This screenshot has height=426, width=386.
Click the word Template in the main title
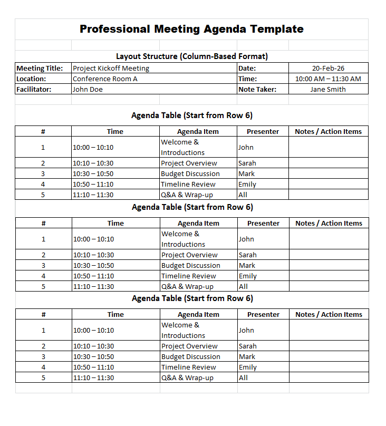[x=277, y=29]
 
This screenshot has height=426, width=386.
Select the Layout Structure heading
[x=192, y=56]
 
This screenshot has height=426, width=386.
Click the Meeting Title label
[x=40, y=68]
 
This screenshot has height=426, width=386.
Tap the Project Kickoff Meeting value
[x=111, y=68]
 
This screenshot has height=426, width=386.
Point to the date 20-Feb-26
[x=328, y=68]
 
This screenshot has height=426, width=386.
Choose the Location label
[x=31, y=79]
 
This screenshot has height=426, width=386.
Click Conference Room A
[x=105, y=79]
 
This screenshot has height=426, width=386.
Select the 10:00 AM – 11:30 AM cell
[x=328, y=79]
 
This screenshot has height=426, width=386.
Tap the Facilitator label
[x=34, y=89]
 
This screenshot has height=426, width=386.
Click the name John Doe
[x=88, y=89]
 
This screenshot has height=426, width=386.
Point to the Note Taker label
[x=257, y=89]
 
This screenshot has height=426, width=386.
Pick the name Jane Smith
[x=328, y=89]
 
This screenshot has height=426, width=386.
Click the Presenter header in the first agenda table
[x=263, y=131]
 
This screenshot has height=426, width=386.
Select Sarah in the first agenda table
[x=247, y=163]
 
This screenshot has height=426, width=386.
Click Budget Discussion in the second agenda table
[x=191, y=265]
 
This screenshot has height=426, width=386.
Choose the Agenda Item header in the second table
[x=198, y=223]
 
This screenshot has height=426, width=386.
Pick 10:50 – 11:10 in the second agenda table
[x=93, y=276]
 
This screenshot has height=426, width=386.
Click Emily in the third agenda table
[x=248, y=367]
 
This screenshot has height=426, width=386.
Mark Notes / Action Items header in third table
[x=329, y=314]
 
